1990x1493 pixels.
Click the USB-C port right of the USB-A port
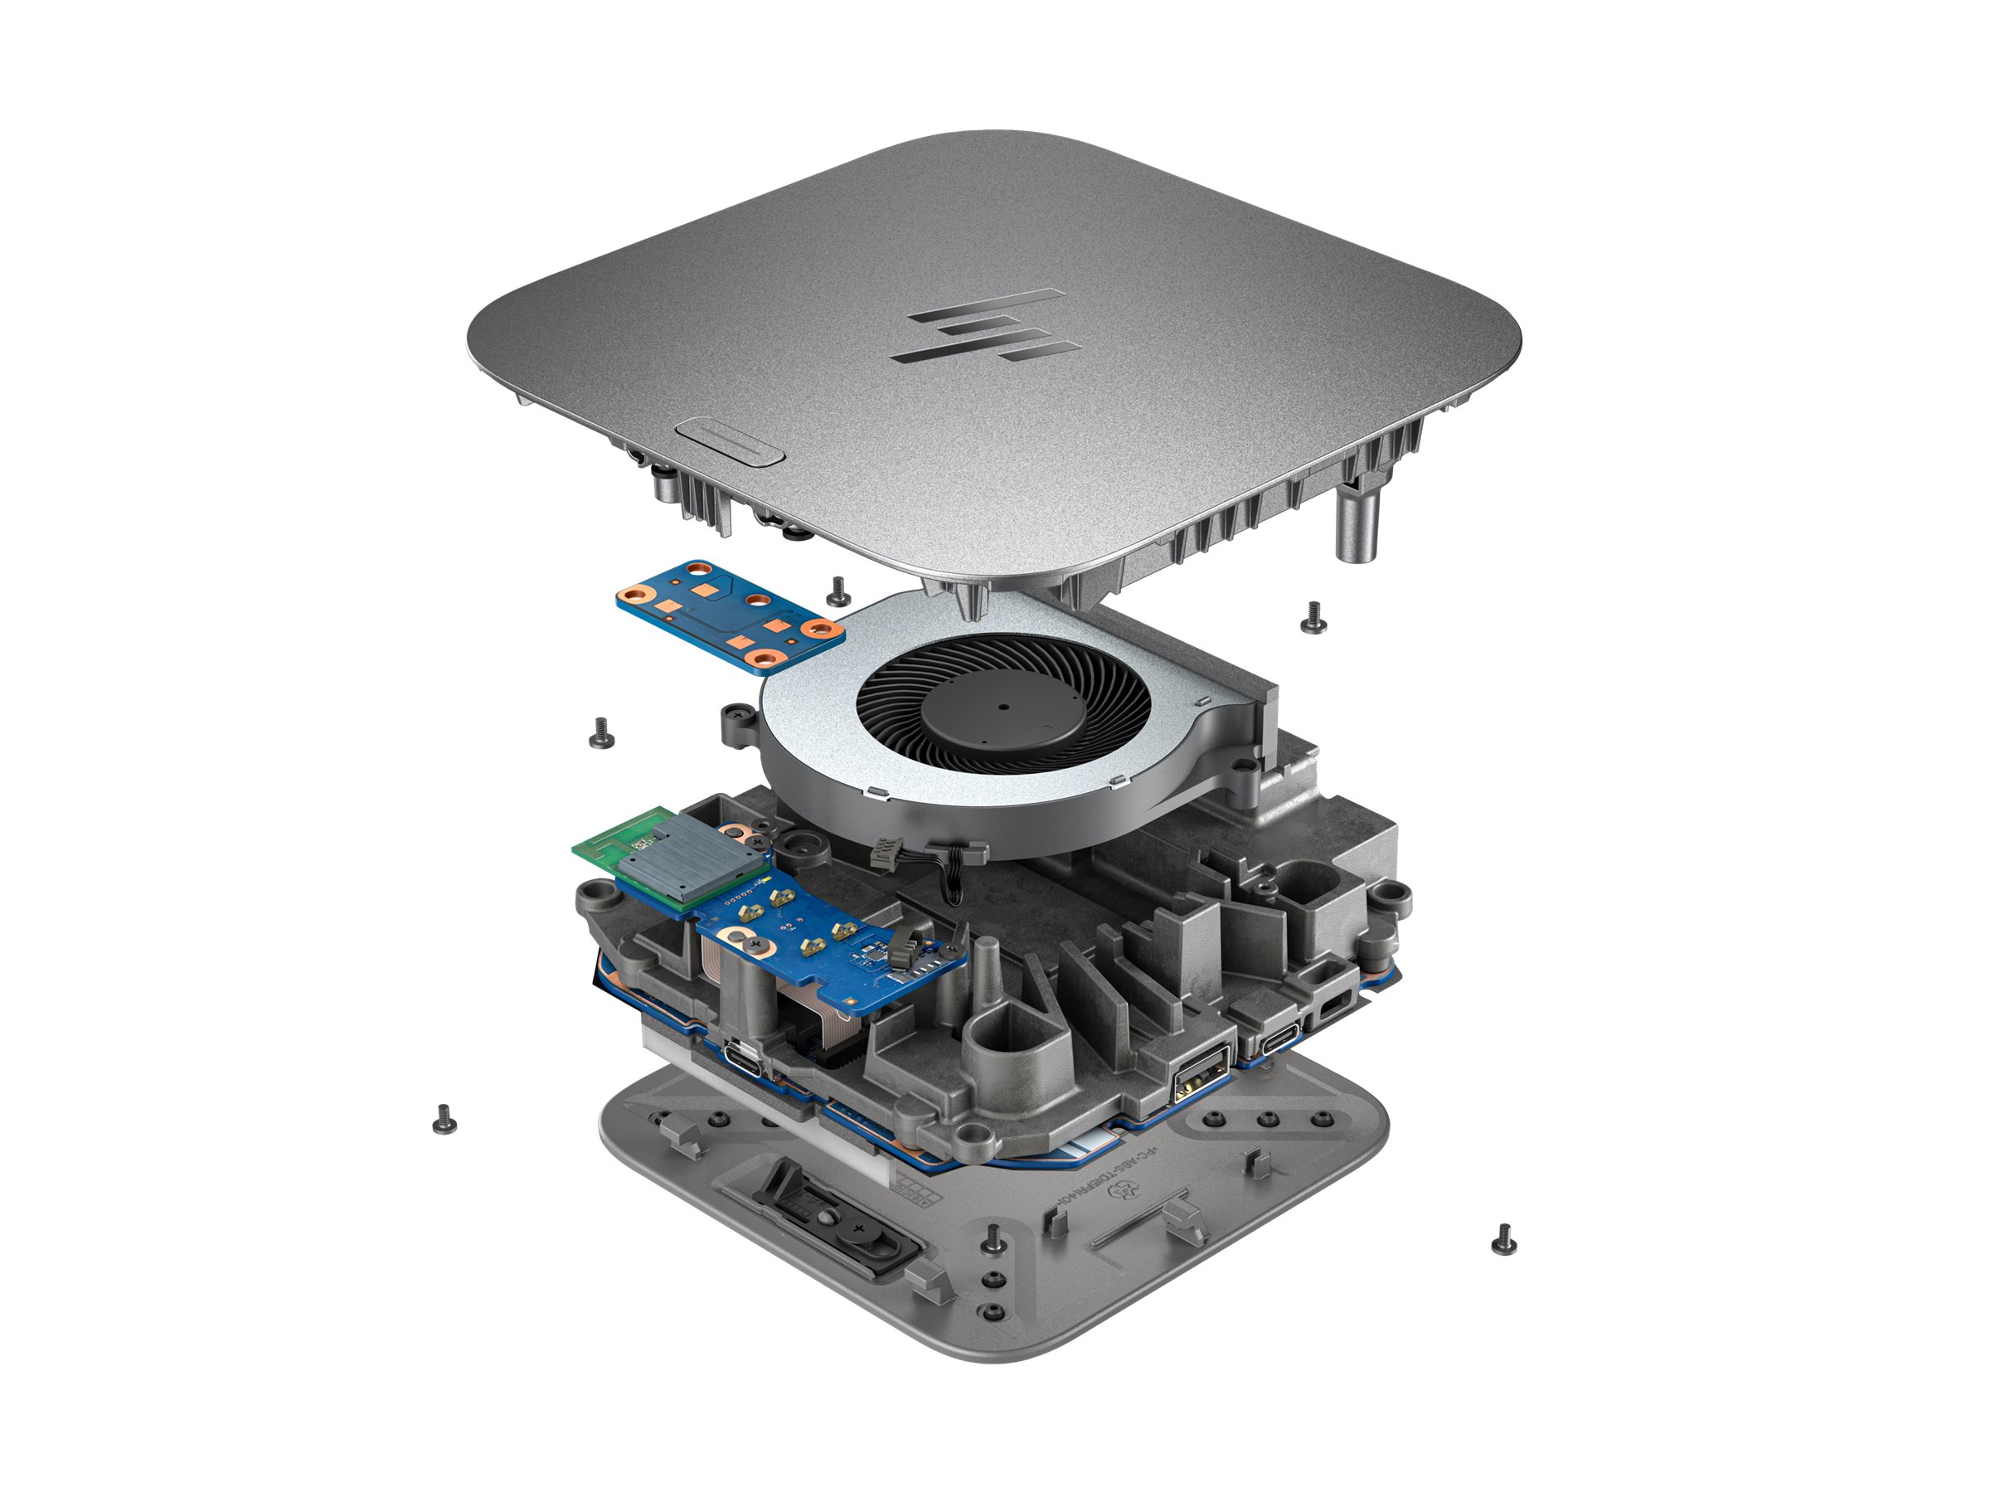coord(1283,1043)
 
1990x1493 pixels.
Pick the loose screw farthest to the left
coord(444,1118)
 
